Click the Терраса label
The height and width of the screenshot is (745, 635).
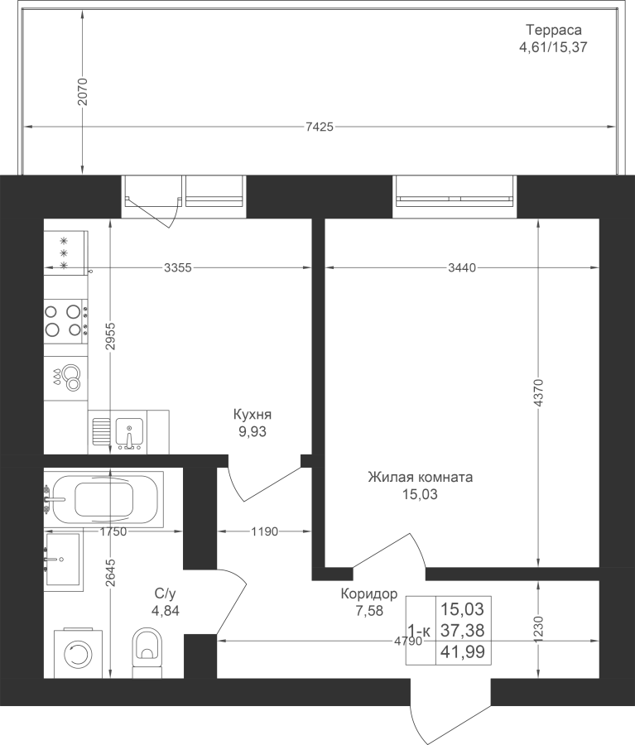(x=553, y=30)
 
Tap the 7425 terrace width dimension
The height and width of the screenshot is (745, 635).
(x=320, y=127)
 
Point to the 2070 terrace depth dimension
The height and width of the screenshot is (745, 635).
(x=83, y=92)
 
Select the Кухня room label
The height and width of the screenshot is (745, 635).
(x=253, y=415)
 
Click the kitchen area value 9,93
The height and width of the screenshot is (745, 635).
(x=253, y=432)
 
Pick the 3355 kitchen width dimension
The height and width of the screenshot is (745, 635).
(x=178, y=268)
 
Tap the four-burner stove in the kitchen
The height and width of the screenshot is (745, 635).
(x=65, y=320)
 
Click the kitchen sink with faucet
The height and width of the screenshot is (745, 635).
(x=129, y=432)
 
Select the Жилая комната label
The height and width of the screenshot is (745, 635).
(x=421, y=477)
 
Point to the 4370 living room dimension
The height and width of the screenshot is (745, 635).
(x=538, y=392)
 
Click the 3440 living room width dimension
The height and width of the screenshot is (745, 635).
(x=462, y=268)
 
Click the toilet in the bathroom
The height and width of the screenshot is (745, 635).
(x=147, y=653)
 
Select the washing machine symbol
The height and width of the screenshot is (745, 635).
(x=78, y=654)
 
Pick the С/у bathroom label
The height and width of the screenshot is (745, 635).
(x=166, y=594)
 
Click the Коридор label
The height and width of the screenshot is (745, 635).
(x=369, y=594)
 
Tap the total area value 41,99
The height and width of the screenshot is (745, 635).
(x=463, y=651)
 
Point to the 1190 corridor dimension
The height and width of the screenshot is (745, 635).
(x=265, y=531)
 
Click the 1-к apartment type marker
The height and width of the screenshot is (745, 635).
(x=419, y=631)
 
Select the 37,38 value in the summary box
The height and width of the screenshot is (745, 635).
(x=463, y=631)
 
